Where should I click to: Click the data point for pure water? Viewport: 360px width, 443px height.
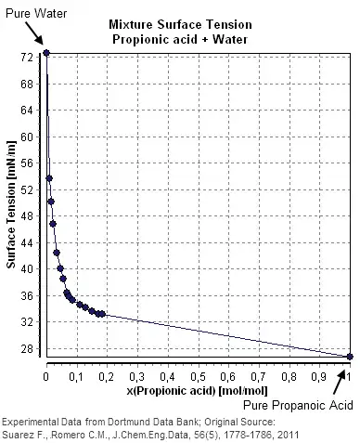tap(46, 53)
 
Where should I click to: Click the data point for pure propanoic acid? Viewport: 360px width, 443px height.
tap(349, 357)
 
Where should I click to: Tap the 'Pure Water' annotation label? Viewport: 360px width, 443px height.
tap(29, 10)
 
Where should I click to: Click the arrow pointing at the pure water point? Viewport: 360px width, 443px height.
tap(35, 35)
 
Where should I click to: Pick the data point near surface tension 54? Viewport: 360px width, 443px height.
tap(49, 178)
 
